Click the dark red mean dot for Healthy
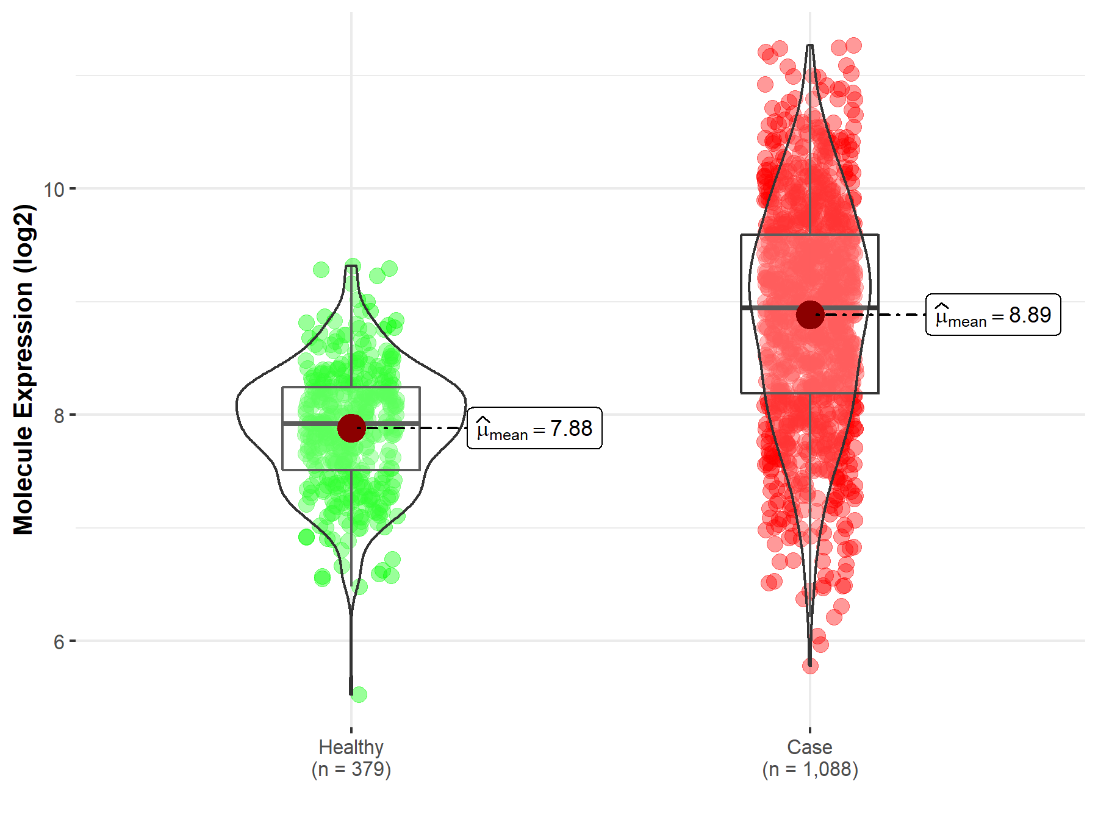point(351,428)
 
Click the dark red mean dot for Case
point(810,315)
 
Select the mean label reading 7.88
point(534,429)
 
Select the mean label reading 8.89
point(993,315)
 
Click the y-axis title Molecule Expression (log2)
point(23,369)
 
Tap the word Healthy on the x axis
point(351,747)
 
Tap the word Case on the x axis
point(809,747)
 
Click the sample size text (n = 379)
point(351,769)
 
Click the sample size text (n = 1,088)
point(809,769)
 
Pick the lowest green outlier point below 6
point(359,694)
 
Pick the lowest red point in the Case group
point(810,666)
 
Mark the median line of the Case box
point(769,308)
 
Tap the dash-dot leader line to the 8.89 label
point(884,315)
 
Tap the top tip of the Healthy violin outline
point(351,266)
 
